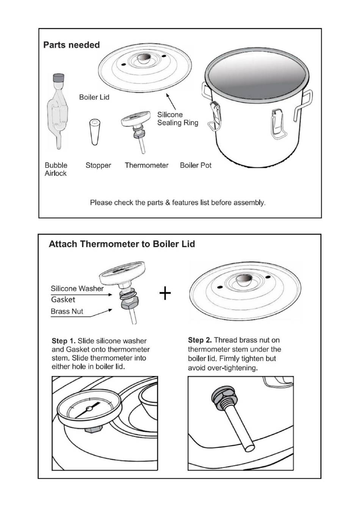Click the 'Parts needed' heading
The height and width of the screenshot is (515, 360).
coord(71,45)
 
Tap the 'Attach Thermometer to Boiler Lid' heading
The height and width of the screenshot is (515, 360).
coord(122,244)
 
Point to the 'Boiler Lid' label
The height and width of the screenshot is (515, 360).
coord(94,97)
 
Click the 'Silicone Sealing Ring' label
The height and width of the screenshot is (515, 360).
coord(177,119)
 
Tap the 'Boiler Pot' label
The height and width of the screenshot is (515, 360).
coord(196,166)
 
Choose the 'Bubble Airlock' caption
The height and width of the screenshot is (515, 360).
coord(56,169)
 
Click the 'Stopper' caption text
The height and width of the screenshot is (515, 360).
coord(98,166)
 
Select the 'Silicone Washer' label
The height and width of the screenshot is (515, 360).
coord(77,289)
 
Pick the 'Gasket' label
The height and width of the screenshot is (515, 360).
coord(63,300)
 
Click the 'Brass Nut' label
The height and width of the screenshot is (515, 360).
coord(67,312)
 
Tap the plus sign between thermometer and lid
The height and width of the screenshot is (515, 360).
coord(165,293)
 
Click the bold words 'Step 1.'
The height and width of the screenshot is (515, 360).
coord(63,341)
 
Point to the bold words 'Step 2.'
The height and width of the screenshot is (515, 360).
coord(200,340)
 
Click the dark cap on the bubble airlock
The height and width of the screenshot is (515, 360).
coord(58,78)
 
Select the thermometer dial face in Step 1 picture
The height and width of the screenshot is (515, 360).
coord(89,409)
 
